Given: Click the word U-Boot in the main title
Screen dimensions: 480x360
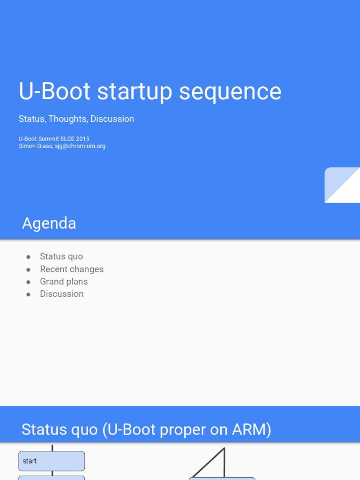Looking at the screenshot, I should click(54, 91).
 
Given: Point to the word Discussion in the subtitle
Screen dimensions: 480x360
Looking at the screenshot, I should click(112, 119).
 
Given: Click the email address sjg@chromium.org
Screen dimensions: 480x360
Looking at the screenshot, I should click(80, 146).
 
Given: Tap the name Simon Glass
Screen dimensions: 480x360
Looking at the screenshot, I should click(35, 146).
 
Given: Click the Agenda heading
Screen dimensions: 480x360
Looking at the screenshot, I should click(49, 223).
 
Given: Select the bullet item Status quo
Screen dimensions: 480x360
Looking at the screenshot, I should click(61, 256).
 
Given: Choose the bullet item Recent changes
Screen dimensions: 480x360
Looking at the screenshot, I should click(72, 269).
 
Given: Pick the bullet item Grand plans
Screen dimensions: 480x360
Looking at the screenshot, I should click(64, 281).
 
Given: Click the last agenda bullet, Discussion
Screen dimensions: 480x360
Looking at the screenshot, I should click(62, 294).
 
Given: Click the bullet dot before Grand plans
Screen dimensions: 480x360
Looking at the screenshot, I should click(29, 282).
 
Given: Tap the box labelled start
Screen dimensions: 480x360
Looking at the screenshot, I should click(52, 461).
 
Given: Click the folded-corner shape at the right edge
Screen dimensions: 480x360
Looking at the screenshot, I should click(342, 185).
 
